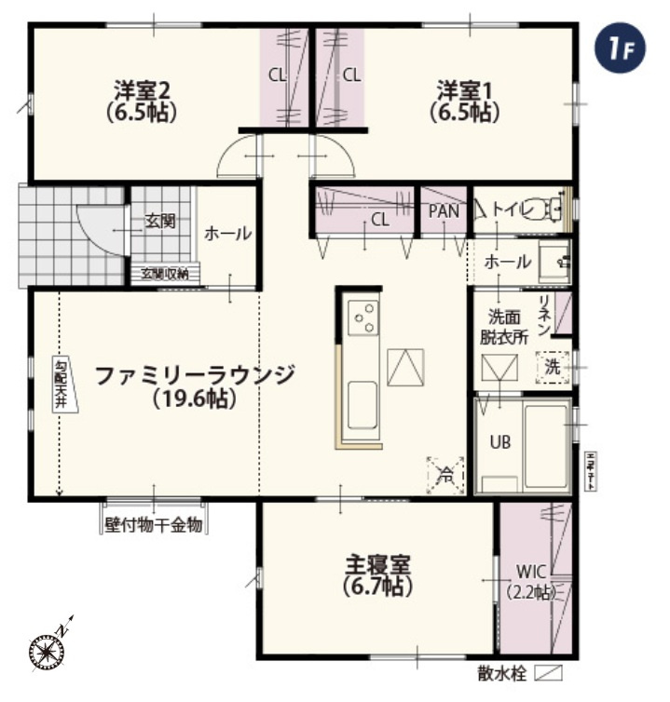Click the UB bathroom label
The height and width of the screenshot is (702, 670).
(500, 442)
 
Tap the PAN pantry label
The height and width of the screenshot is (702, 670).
(444, 211)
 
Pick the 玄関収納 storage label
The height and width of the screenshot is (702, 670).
(165, 274)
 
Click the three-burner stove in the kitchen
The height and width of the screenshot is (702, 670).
(363, 317)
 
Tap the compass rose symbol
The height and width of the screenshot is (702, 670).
(47, 648)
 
